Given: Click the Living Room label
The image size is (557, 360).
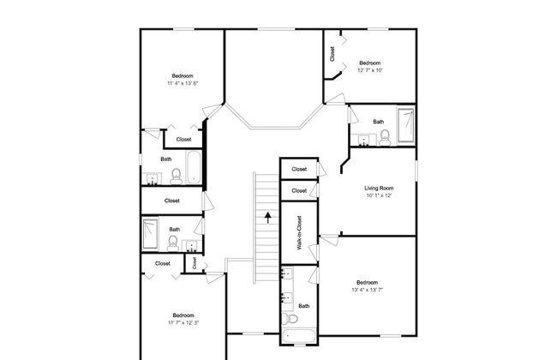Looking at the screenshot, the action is click(379, 188).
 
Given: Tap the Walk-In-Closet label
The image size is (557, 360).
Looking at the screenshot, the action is click(299, 233).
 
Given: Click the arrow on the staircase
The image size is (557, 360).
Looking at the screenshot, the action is click(267, 218).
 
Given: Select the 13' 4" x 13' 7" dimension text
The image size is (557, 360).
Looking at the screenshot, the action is click(367, 290).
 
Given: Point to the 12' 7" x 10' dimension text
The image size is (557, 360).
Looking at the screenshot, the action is click(370, 70).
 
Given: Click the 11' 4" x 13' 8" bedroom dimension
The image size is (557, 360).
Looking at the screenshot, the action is click(183, 83).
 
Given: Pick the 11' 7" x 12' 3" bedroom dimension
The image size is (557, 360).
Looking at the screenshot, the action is click(183, 322).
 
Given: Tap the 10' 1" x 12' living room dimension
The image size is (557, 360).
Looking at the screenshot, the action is click(379, 195).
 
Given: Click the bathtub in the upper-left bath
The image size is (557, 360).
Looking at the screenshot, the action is click(194, 167).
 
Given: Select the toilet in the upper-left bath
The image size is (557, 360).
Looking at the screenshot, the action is click(177, 177).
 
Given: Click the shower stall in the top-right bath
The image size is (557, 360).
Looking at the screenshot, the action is click(405, 125).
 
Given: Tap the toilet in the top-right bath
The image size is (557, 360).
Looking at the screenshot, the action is click(385, 138).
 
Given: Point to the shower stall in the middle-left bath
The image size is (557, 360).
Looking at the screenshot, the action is click(150, 233).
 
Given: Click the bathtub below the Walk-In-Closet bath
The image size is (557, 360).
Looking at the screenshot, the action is click(299, 337).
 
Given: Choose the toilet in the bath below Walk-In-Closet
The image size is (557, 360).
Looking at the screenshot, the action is click(290, 319).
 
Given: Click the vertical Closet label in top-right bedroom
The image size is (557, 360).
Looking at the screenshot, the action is click(332, 54).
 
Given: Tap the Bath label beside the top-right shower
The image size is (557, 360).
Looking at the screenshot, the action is click(378, 122).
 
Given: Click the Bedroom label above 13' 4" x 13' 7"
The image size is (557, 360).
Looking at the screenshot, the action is click(367, 283).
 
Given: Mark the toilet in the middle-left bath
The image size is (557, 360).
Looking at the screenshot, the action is click(173, 243).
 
